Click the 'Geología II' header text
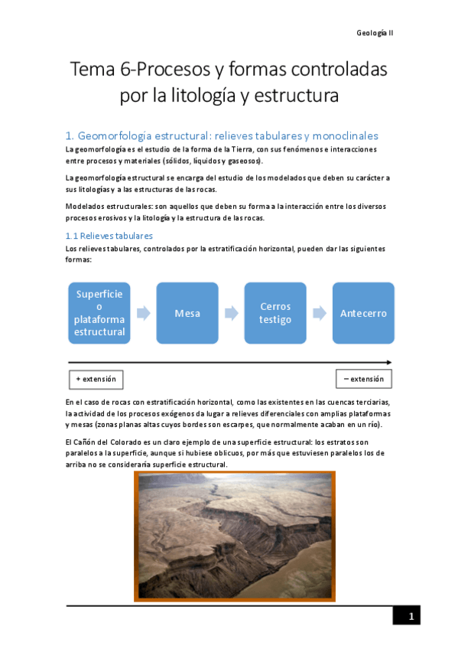click(x=375, y=33)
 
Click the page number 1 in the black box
click(x=411, y=617)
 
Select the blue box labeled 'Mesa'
click(x=187, y=313)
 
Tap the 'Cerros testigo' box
click(x=275, y=313)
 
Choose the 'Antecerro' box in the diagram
click(x=363, y=313)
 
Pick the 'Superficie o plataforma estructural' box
click(x=99, y=313)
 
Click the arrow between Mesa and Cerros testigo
click(x=231, y=313)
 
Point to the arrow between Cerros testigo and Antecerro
click(x=319, y=313)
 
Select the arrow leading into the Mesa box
click(x=143, y=313)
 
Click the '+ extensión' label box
click(x=96, y=379)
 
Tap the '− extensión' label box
click(x=363, y=379)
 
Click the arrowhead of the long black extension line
click(x=389, y=362)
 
